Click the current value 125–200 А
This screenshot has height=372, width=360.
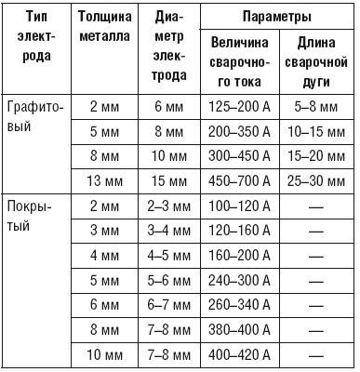point(241,107)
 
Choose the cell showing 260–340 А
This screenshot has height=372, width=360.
point(241,303)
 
